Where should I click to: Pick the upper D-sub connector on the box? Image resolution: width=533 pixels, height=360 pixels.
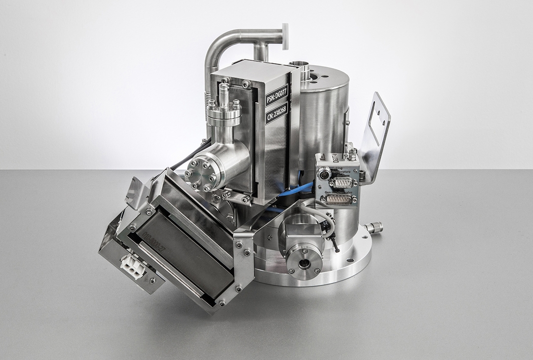(x=340, y=182)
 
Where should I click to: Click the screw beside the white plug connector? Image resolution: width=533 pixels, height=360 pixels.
(x=152, y=280)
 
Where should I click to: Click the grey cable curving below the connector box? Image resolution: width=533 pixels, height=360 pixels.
(x=323, y=217)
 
